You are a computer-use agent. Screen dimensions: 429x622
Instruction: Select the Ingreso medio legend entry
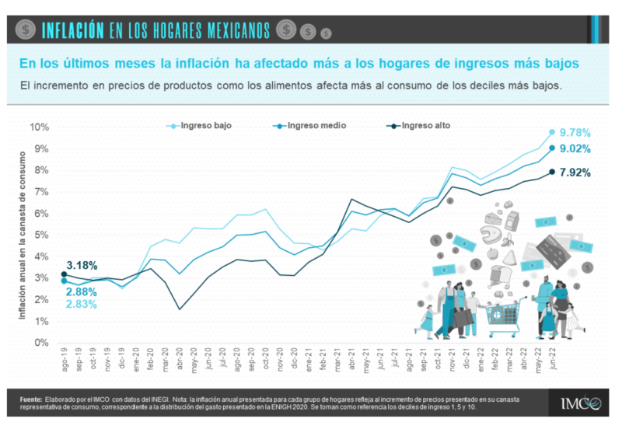[316, 125]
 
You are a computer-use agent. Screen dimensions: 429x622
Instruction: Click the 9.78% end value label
[575, 132]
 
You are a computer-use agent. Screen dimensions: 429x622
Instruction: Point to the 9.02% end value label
[575, 149]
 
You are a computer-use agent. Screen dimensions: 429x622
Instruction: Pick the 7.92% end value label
[575, 173]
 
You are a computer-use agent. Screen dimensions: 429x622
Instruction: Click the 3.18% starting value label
[82, 266]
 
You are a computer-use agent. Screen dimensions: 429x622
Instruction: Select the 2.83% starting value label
[82, 304]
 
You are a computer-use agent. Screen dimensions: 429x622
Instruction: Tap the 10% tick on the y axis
[40, 127]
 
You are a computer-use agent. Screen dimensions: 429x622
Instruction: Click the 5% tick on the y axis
[42, 235]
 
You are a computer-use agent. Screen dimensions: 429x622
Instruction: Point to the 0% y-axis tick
[42, 343]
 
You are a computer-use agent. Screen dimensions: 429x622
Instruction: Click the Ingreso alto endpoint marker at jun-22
[552, 172]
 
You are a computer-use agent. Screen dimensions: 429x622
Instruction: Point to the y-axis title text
[23, 233]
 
